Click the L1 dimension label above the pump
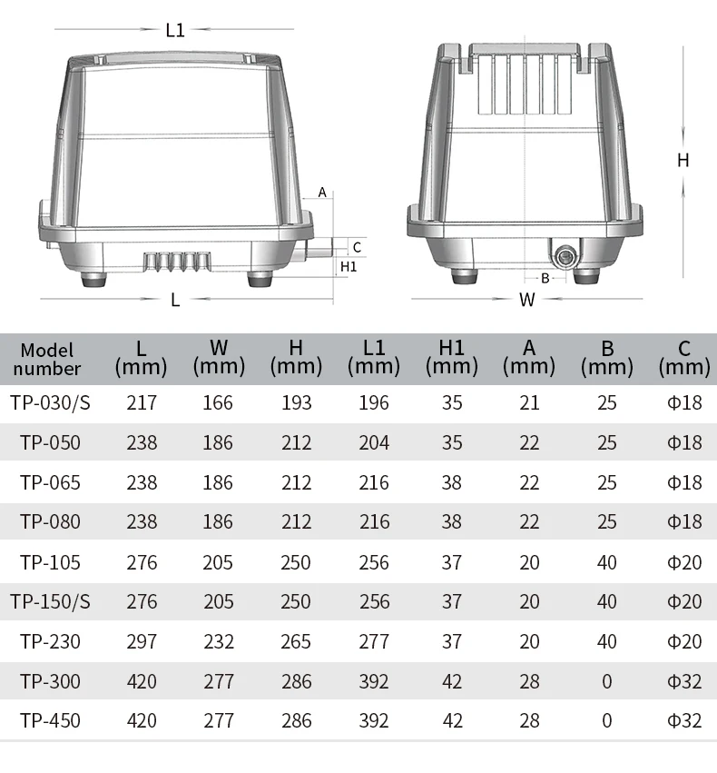[175, 30]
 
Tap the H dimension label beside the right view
[683, 160]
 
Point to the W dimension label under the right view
[527, 300]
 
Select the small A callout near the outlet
[322, 193]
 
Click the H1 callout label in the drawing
[349, 267]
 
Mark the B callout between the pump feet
[545, 279]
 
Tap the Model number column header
[47, 360]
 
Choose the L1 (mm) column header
[374, 358]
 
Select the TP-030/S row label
[50, 403]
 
